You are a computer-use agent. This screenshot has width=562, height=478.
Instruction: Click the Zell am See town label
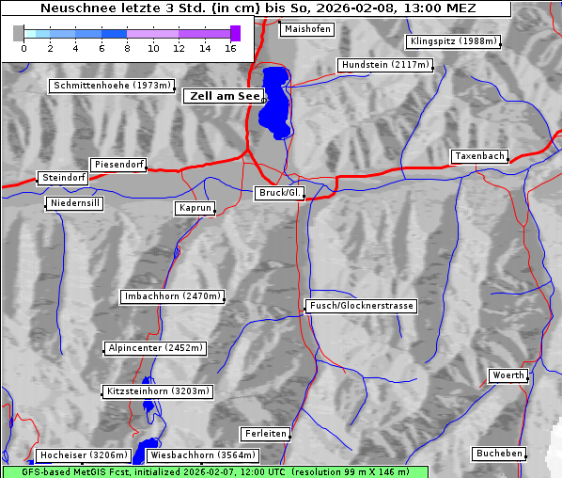[225, 96]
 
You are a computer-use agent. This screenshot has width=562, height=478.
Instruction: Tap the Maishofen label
[306, 29]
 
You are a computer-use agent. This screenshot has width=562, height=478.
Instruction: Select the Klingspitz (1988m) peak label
[453, 41]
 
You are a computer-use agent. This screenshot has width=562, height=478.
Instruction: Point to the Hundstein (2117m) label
[385, 66]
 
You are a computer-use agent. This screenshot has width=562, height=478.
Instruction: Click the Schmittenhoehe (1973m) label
[112, 86]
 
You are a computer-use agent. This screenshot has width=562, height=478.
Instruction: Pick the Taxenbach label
[479, 156]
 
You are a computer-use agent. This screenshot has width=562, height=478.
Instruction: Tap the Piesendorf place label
[118, 165]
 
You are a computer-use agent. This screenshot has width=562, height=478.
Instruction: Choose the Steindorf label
[64, 178]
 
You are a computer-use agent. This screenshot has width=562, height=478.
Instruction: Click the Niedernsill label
[74, 203]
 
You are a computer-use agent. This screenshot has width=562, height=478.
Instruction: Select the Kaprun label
[195, 208]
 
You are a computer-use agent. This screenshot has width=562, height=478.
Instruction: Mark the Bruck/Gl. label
[280, 193]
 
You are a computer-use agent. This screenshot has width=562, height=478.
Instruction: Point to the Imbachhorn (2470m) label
[173, 297]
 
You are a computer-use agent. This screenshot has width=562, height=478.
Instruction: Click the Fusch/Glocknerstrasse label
[362, 306]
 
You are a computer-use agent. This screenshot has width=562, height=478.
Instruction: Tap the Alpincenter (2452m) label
[155, 348]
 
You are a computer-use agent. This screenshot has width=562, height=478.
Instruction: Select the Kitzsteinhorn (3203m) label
[157, 391]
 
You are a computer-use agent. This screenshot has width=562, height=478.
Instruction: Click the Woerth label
[508, 375]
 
